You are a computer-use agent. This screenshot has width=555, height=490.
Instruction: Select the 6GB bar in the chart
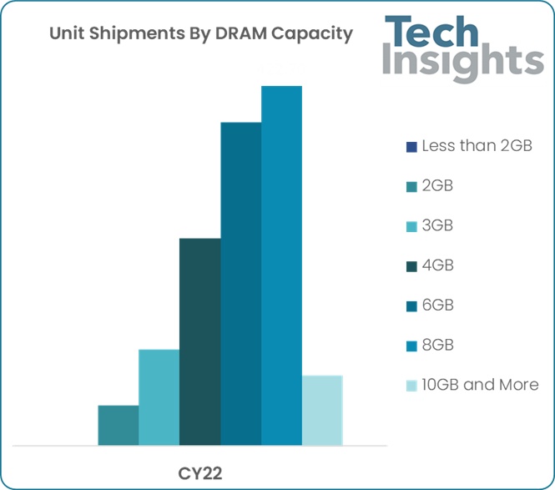click(240, 284)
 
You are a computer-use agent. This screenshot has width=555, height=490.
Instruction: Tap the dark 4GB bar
click(200, 342)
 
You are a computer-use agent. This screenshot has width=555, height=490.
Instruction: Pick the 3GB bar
click(159, 397)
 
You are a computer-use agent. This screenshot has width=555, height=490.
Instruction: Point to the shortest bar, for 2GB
click(119, 425)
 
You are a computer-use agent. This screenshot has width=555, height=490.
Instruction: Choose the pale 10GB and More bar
click(322, 410)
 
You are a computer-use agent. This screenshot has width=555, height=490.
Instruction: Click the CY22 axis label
click(199, 472)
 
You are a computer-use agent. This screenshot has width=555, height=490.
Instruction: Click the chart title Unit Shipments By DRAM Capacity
click(200, 34)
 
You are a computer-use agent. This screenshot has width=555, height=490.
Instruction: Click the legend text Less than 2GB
click(477, 146)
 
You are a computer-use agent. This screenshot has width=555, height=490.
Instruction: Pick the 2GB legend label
click(437, 186)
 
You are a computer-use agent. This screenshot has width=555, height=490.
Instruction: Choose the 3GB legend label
click(437, 226)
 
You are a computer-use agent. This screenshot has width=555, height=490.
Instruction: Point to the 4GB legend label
click(437, 265)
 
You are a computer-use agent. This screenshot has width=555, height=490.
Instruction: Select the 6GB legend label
click(437, 306)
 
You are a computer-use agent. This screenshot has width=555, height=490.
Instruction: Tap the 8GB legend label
click(437, 345)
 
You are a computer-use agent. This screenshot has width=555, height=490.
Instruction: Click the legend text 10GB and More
click(480, 385)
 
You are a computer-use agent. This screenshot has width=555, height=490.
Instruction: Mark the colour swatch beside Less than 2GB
click(411, 147)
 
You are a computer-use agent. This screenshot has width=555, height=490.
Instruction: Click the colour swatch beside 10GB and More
click(411, 386)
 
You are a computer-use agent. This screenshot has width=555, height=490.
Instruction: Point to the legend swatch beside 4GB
click(411, 266)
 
